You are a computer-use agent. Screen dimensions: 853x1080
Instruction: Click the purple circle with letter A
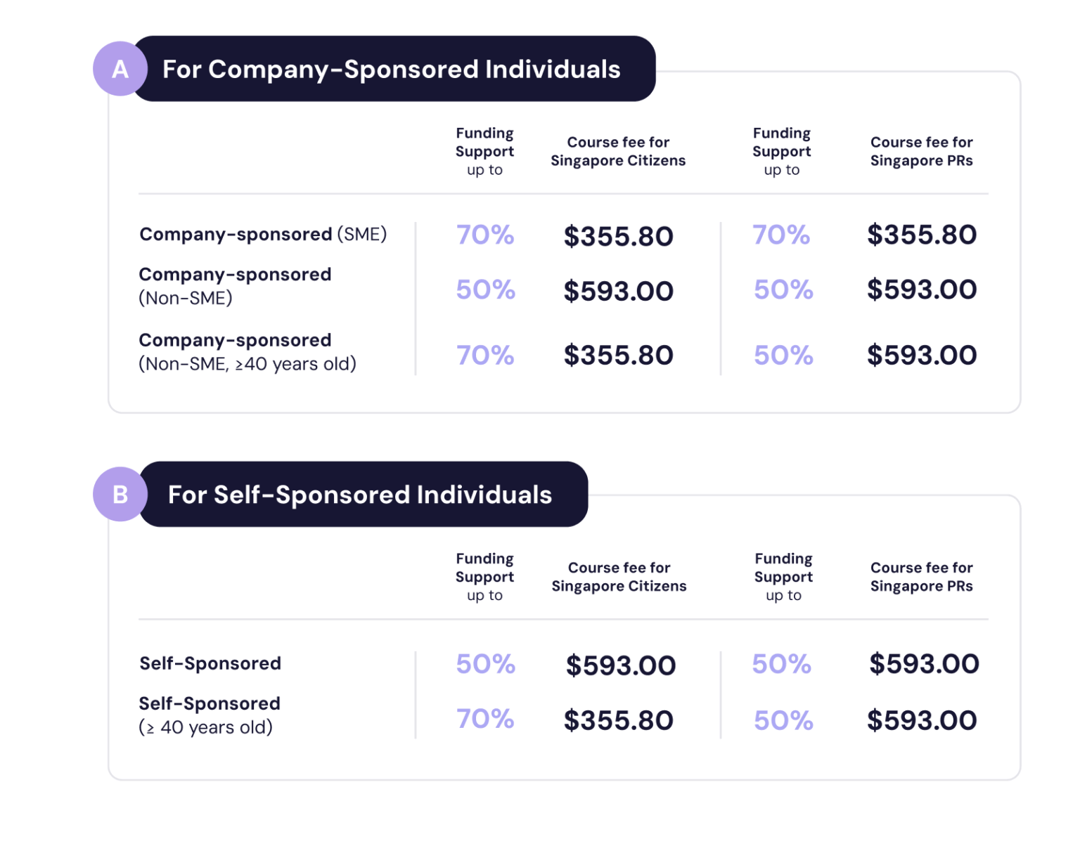pyautogui.click(x=120, y=69)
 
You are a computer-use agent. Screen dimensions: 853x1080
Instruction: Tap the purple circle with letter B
pyautogui.click(x=120, y=495)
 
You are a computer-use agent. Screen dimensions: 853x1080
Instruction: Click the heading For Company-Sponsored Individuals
pyautogui.click(x=392, y=70)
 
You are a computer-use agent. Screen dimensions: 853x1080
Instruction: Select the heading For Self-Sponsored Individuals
pyautogui.click(x=360, y=495)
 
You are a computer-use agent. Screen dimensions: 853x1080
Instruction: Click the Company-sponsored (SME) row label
pyautogui.click(x=263, y=234)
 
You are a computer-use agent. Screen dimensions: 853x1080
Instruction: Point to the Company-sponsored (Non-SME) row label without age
pyautogui.click(x=235, y=286)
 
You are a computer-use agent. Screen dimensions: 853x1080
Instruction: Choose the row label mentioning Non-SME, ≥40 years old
pyautogui.click(x=247, y=352)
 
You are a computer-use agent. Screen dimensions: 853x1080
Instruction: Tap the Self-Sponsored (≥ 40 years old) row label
pyautogui.click(x=210, y=715)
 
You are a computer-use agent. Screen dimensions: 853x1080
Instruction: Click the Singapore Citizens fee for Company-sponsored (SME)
pyautogui.click(x=618, y=236)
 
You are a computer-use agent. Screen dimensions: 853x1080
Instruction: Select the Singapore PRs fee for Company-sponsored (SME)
pyautogui.click(x=921, y=235)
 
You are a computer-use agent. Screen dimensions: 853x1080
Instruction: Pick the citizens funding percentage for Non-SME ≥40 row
pyautogui.click(x=485, y=356)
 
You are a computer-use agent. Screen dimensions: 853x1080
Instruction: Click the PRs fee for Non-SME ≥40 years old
pyautogui.click(x=921, y=356)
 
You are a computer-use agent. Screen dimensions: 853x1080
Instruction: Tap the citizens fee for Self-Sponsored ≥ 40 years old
pyautogui.click(x=618, y=721)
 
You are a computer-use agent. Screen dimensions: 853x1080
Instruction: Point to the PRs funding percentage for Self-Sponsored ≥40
pyautogui.click(x=783, y=721)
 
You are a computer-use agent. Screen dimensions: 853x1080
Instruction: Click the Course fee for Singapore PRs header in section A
pyautogui.click(x=921, y=152)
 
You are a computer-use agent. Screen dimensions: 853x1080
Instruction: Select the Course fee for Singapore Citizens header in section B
pyautogui.click(x=619, y=577)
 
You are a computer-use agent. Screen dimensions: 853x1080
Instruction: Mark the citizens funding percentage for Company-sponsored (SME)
pyautogui.click(x=485, y=235)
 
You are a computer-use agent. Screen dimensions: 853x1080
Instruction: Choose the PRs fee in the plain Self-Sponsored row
pyautogui.click(x=924, y=664)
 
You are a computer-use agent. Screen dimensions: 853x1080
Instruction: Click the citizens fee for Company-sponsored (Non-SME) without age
pyautogui.click(x=618, y=291)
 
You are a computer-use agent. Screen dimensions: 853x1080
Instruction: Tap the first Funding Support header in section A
pyautogui.click(x=484, y=151)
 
